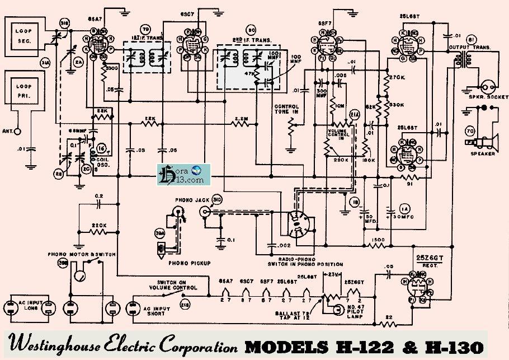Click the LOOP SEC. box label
click(x=25, y=36)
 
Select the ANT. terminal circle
click(x=18, y=132)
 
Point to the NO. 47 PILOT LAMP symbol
click(x=336, y=310)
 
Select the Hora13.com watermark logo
click(x=183, y=175)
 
